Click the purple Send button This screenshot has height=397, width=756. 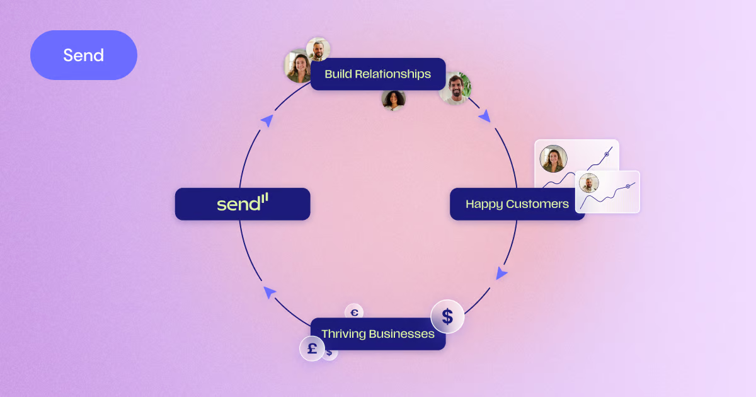[x=84, y=55]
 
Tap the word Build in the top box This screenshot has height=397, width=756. [x=338, y=74]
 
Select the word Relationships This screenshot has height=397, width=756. [x=392, y=74]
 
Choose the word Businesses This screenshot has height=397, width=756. [x=402, y=334]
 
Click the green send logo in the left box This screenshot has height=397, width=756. [x=242, y=203]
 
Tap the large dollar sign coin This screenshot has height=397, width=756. [x=447, y=316]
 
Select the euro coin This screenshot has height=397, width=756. [x=354, y=312]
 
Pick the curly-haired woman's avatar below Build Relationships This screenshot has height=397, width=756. [x=394, y=100]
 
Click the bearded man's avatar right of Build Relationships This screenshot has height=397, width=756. [x=455, y=88]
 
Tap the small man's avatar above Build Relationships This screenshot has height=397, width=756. [x=318, y=50]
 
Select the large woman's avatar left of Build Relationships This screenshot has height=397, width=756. [x=300, y=66]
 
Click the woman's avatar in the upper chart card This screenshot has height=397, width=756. [x=554, y=159]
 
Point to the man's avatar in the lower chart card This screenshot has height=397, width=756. [x=589, y=183]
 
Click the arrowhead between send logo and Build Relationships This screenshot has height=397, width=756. [x=268, y=120]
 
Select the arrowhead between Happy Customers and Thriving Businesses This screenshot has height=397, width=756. [x=501, y=273]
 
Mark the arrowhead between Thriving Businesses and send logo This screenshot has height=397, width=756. [x=270, y=292]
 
